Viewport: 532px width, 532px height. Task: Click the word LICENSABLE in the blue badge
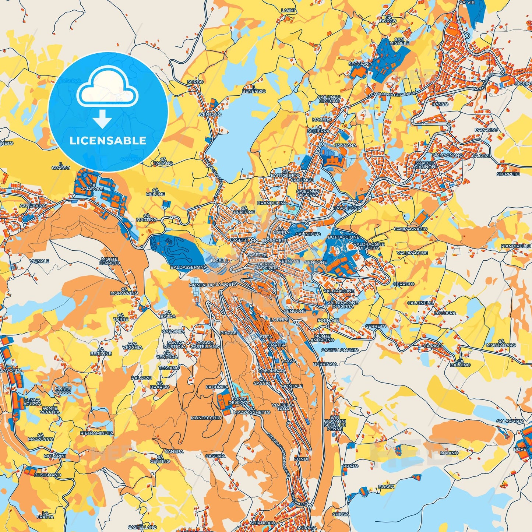click(108, 141)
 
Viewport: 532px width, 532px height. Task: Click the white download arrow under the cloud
click(102, 119)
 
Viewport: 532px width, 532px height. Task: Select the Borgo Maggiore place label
click(266, 266)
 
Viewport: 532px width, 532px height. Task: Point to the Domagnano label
click(447, 155)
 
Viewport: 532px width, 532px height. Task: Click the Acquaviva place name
click(33, 206)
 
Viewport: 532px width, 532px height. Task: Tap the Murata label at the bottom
click(307, 528)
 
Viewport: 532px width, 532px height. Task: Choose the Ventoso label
click(211, 114)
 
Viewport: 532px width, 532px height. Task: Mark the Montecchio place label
click(206, 418)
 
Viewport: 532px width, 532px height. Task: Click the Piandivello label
click(516, 246)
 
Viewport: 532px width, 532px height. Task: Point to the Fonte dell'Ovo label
click(239, 401)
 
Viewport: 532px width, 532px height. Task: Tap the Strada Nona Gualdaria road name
click(391, 95)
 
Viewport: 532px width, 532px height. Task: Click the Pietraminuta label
click(97, 433)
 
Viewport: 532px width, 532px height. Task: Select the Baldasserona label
click(189, 267)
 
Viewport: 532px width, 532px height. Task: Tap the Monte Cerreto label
click(110, 261)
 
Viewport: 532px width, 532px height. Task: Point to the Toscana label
click(346, 145)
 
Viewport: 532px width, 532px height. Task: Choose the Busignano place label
click(47, 475)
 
